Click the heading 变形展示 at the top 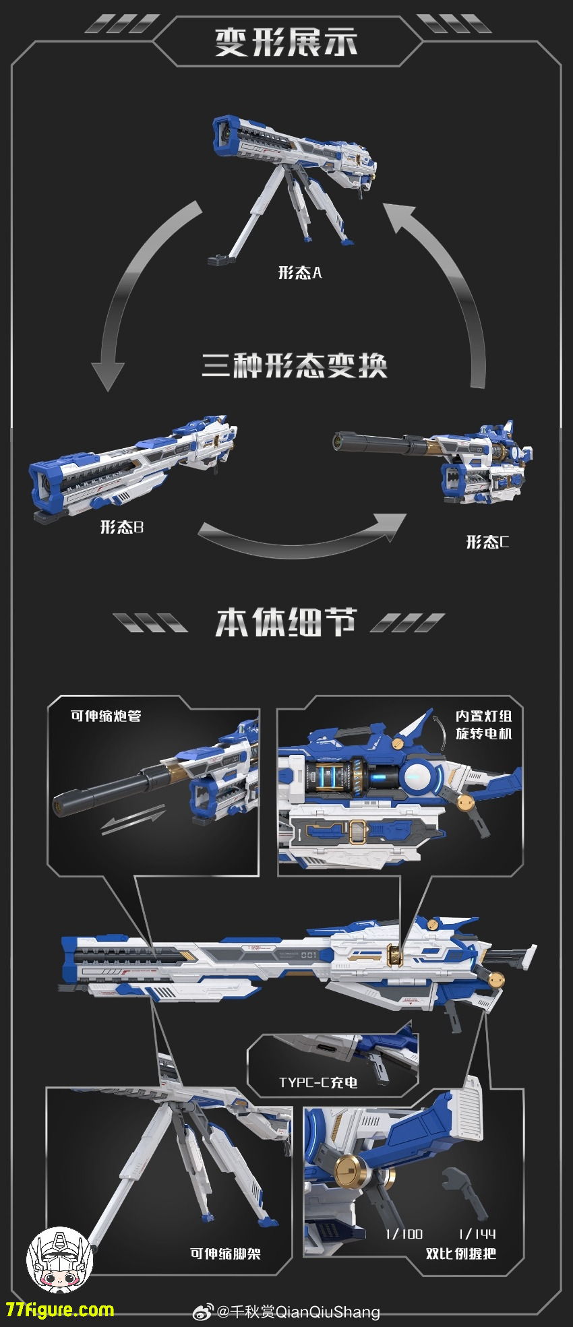[x=286, y=42]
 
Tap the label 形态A [x=300, y=273]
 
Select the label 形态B [x=122, y=527]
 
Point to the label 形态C [x=487, y=542]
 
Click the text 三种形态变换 [x=295, y=366]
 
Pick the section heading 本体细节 [x=285, y=622]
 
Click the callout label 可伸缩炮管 [x=106, y=716]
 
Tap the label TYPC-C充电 [x=318, y=1082]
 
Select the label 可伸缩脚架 [x=225, y=1254]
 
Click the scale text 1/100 [x=404, y=1234]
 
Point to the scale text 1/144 [x=477, y=1234]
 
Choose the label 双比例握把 [x=460, y=1254]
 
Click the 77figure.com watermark [x=60, y=1310]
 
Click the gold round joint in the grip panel [x=349, y=1171]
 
